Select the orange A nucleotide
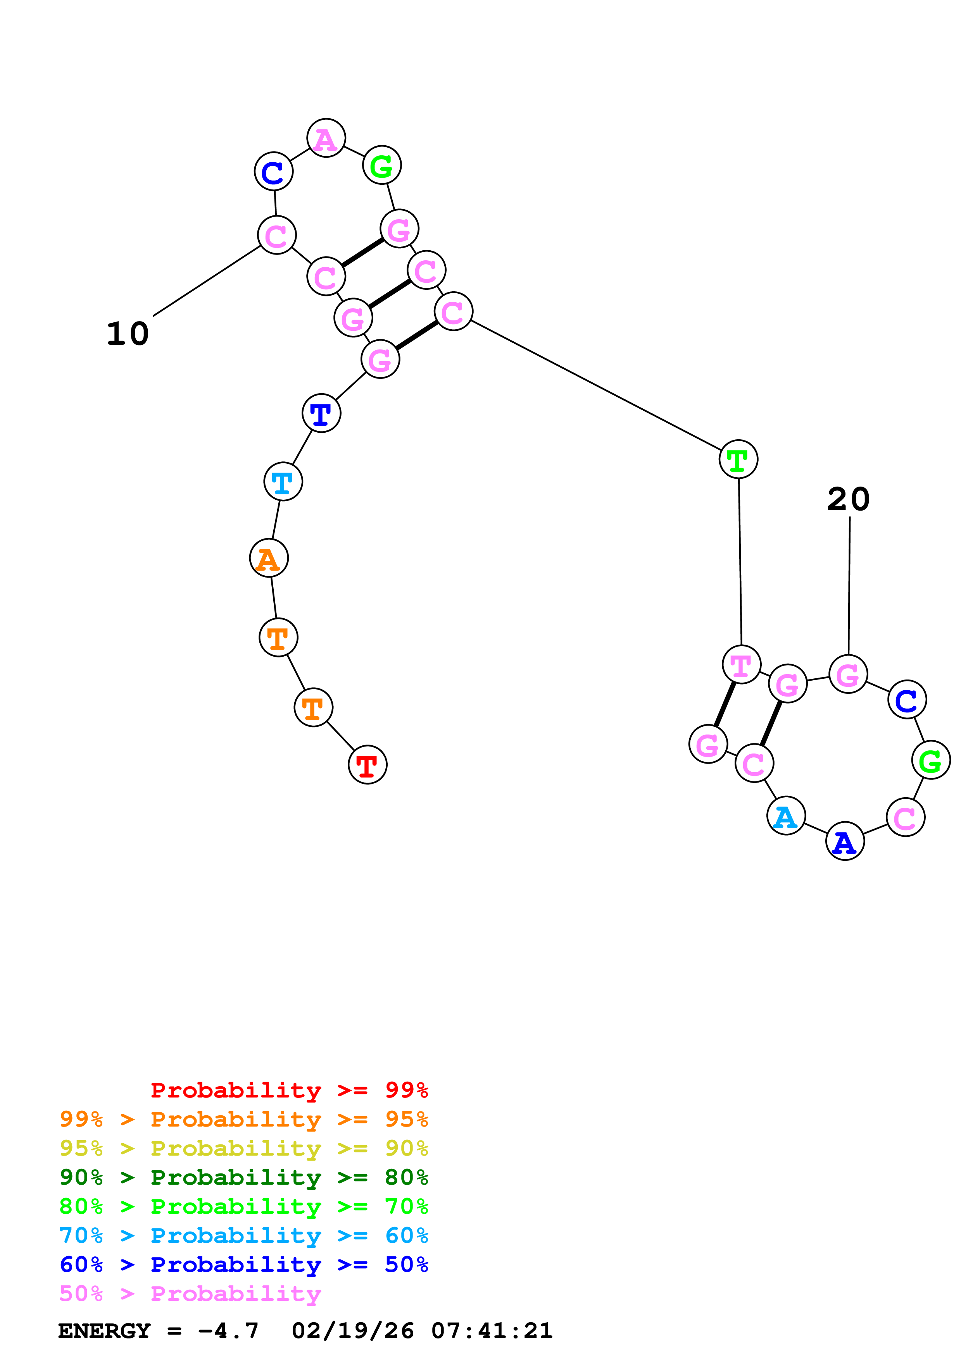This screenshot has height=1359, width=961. [x=269, y=558]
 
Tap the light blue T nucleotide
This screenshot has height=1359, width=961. [x=283, y=482]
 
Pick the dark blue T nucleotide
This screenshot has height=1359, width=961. [x=321, y=413]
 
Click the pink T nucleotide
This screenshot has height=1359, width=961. [x=741, y=665]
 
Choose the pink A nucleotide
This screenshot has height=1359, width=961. [x=326, y=139]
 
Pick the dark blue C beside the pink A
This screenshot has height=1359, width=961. [x=273, y=172]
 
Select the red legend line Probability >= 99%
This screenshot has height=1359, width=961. [x=289, y=1090]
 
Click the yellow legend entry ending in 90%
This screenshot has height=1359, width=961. [x=243, y=1148]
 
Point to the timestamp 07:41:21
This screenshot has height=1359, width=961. [x=492, y=1331]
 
